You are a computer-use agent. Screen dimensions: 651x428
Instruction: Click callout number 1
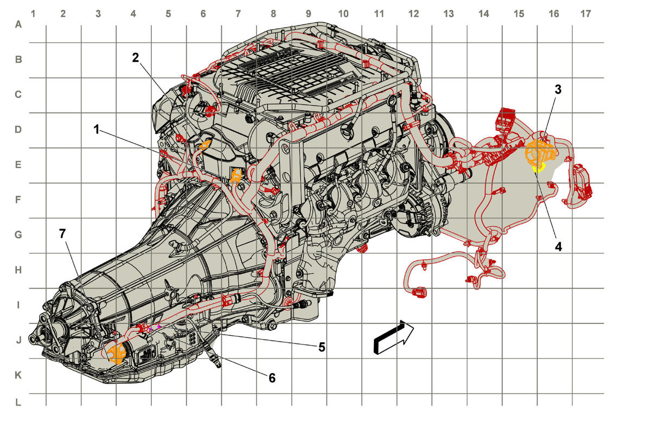[97, 129]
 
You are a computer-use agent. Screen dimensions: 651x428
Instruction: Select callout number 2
[136, 58]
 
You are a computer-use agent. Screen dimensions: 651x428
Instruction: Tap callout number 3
[558, 90]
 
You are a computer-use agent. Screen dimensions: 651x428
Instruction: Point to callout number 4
[558, 247]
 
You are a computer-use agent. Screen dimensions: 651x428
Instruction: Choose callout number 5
[321, 347]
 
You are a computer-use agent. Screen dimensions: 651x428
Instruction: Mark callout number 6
[272, 378]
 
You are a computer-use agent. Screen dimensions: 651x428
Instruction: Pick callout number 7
[62, 234]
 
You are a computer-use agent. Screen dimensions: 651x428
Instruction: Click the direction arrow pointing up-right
[393, 337]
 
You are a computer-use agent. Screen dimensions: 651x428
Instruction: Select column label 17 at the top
[585, 14]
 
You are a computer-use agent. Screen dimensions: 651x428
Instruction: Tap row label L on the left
[18, 403]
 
